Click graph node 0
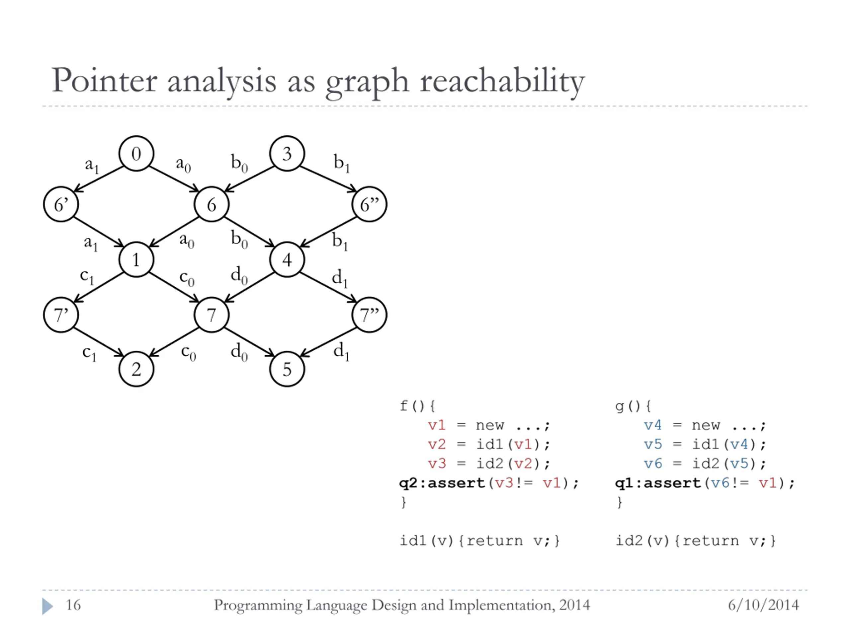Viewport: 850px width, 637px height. coord(136,154)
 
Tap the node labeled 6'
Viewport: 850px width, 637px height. coord(61,204)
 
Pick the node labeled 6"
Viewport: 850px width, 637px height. coord(369,204)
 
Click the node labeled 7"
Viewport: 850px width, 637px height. coord(369,315)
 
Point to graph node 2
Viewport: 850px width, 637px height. coord(136,369)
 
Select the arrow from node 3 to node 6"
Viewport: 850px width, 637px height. coord(328,179)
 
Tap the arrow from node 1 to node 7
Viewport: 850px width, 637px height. coord(174,287)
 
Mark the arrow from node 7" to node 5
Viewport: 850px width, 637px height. coord(328,342)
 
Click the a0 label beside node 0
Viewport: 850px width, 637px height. coord(183,164)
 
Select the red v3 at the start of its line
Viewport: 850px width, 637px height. coord(437,463)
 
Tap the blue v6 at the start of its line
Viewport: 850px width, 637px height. coord(653,463)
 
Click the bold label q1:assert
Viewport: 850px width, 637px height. coord(657,483)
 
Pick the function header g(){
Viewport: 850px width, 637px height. coord(633,405)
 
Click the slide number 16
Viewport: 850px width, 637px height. coord(73,605)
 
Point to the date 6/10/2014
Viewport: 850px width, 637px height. coord(763,605)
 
